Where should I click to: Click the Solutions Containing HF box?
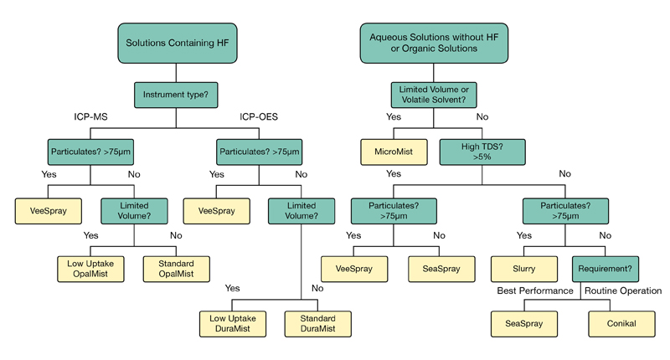(x=175, y=42)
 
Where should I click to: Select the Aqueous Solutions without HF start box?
(x=433, y=42)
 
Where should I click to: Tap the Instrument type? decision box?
(x=175, y=94)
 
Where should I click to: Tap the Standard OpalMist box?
(x=175, y=268)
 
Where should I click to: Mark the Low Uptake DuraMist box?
(x=231, y=324)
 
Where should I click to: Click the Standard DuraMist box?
(x=317, y=324)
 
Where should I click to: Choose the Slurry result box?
(x=524, y=268)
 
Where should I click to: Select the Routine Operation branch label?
(x=623, y=291)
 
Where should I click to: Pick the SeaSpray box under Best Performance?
(x=524, y=324)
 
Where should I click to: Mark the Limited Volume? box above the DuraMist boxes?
(x=301, y=210)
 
